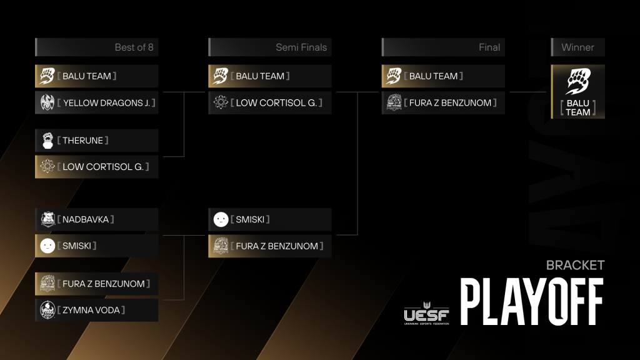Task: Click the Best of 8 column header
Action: [x=97, y=47]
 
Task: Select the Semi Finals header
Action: [x=270, y=47]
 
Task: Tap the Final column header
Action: [x=443, y=47]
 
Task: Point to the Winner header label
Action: [x=577, y=47]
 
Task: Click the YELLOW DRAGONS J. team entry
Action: [x=97, y=102]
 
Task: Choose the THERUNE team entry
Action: [x=97, y=141]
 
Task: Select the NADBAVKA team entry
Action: [x=97, y=219]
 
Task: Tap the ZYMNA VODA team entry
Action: [x=97, y=310]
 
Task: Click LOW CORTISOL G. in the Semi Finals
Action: [x=270, y=102]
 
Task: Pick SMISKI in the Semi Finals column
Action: [x=270, y=219]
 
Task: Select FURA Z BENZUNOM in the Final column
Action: [x=443, y=102]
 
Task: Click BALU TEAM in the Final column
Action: [x=443, y=76]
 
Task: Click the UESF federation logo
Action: [x=426, y=314]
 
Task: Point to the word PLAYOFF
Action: [x=532, y=302]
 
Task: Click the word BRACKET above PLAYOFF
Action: [x=575, y=265]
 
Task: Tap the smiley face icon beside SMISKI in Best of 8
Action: [x=47, y=246]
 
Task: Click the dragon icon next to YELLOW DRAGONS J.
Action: [x=47, y=102]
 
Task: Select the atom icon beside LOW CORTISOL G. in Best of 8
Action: [x=47, y=166]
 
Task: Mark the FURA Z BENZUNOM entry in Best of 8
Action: [x=97, y=284]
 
